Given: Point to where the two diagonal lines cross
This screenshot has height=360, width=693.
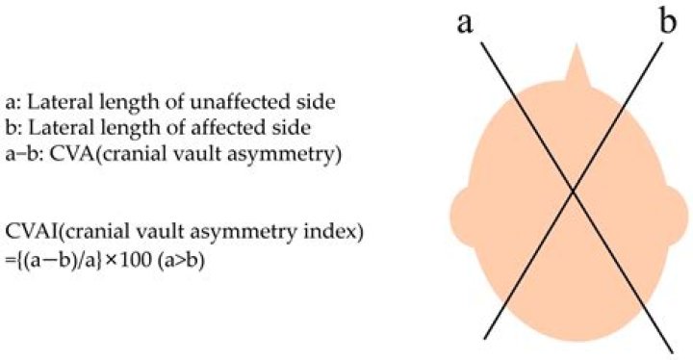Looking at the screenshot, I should tap(575, 190).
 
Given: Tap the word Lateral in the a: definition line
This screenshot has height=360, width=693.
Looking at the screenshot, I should tap(48, 99).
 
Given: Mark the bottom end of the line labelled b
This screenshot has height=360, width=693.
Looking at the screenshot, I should tap(485, 339).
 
